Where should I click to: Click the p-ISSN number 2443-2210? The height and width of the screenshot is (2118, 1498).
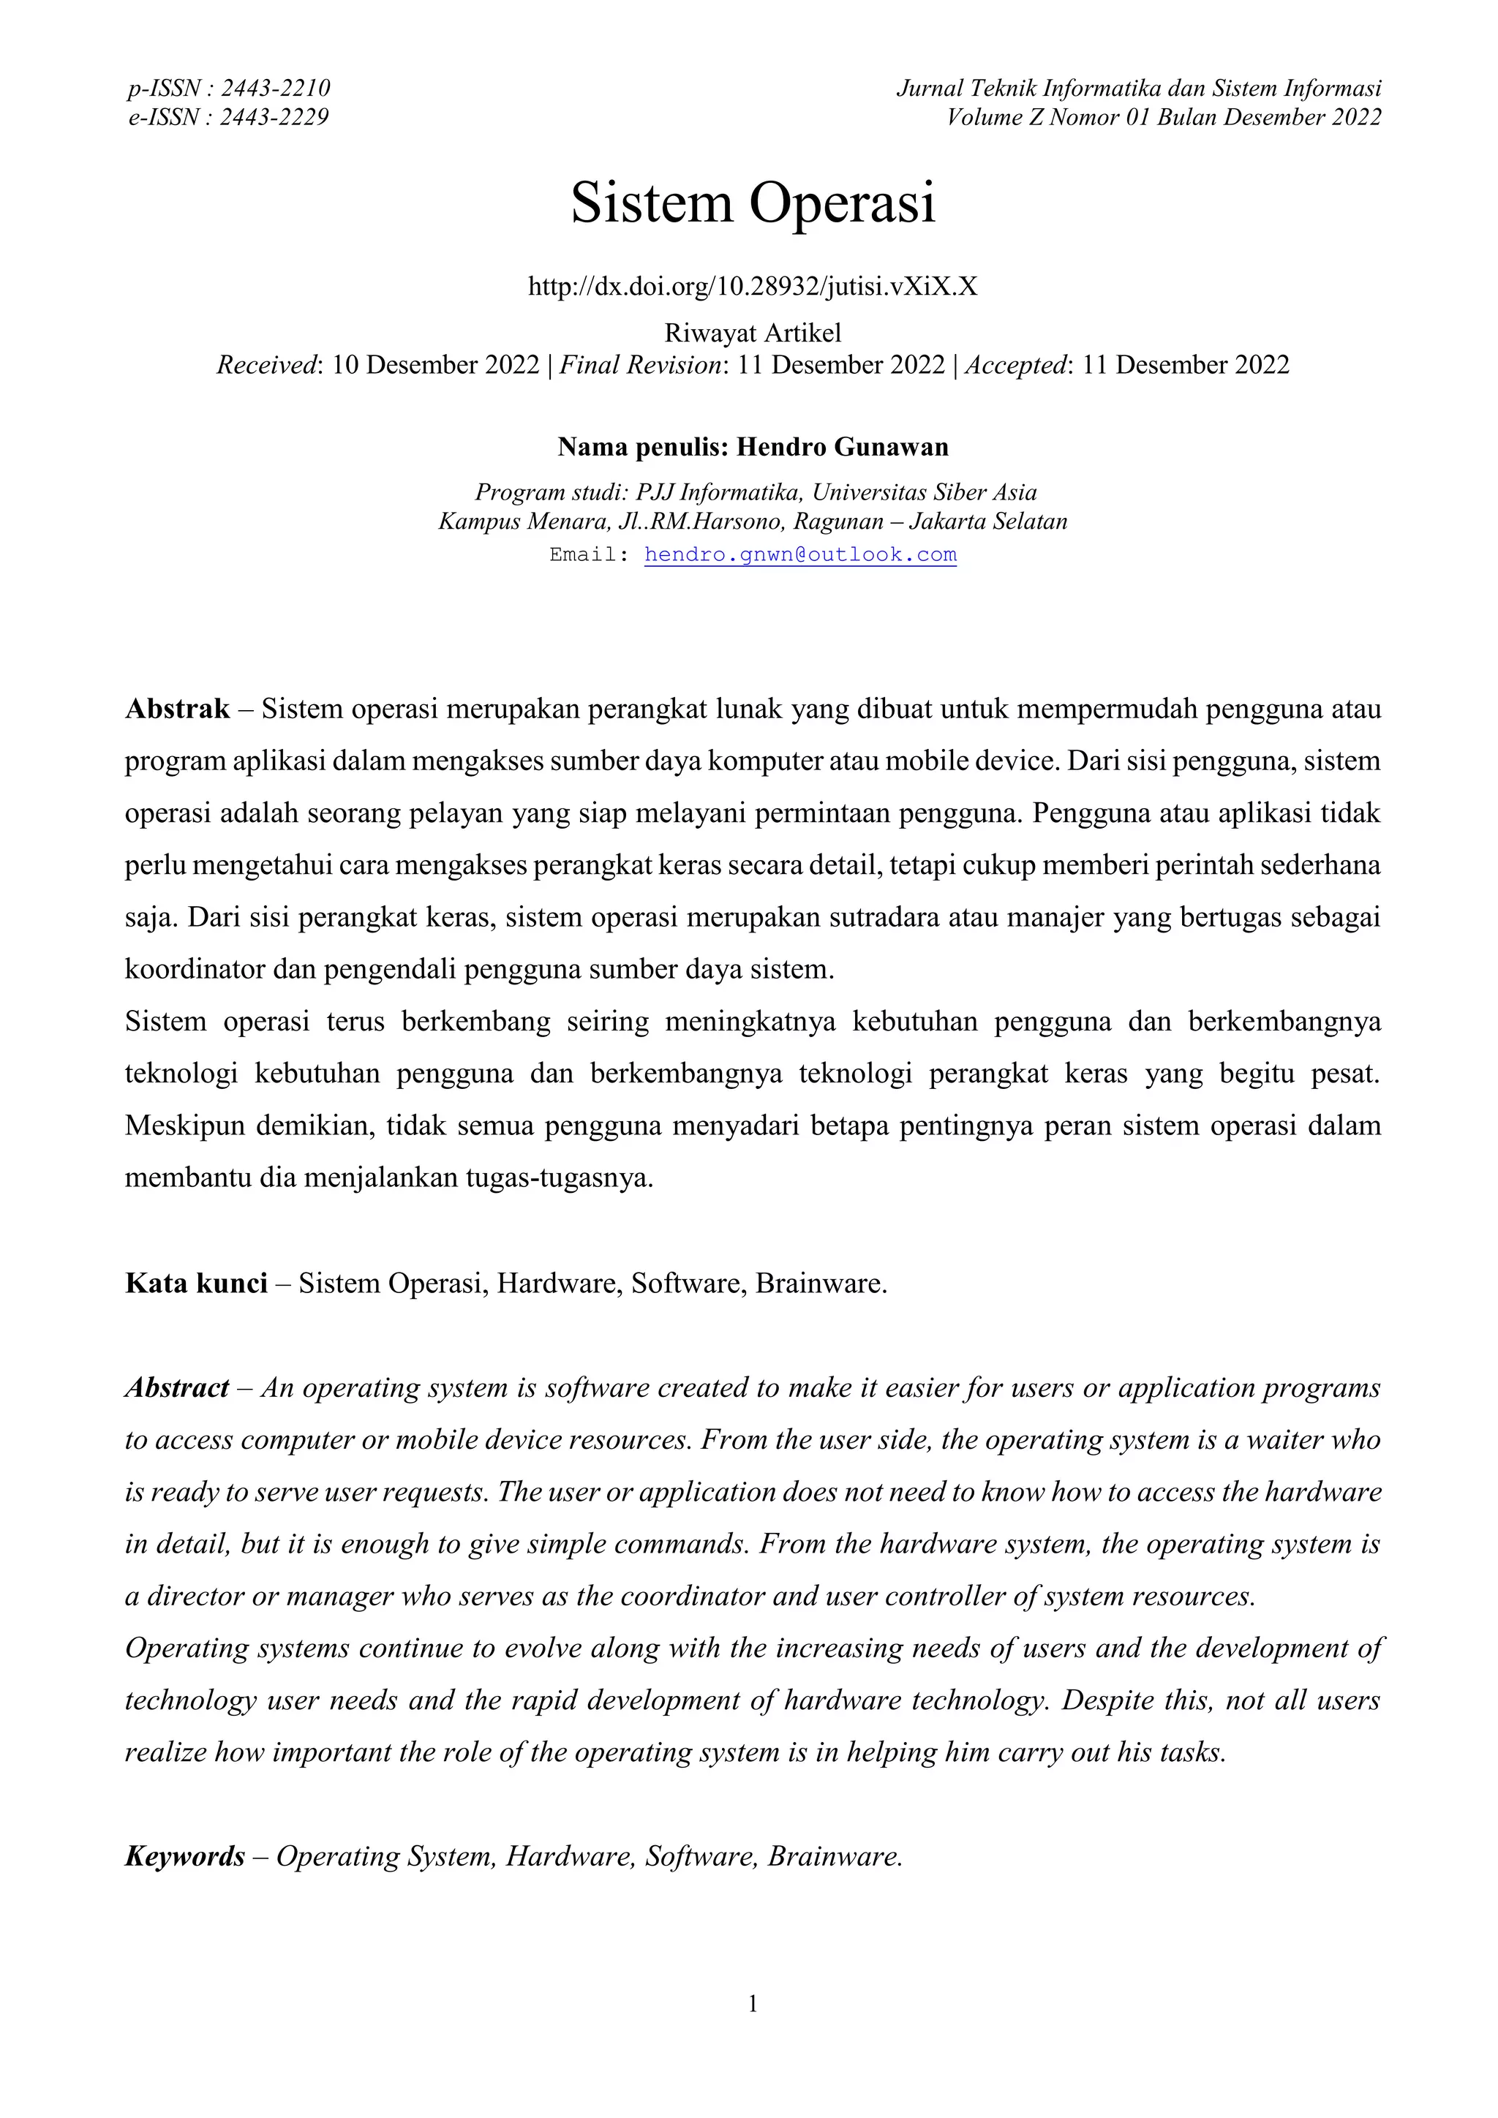(x=275, y=88)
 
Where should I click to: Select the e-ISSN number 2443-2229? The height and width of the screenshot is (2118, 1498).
(x=274, y=117)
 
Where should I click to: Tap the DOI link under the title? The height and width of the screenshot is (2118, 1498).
(x=753, y=287)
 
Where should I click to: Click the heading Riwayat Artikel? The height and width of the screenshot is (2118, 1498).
(x=753, y=333)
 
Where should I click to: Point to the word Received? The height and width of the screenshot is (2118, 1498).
(x=266, y=365)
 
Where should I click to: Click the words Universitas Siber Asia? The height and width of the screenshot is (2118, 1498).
(x=925, y=493)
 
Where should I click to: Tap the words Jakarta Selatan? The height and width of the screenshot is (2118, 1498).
(x=988, y=522)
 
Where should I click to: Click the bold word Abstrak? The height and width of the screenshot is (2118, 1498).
(x=177, y=709)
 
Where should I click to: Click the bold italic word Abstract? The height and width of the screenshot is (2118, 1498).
(x=177, y=1388)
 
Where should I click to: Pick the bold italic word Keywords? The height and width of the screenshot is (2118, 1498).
(x=185, y=1857)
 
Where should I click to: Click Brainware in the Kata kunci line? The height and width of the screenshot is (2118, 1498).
(x=820, y=1284)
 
